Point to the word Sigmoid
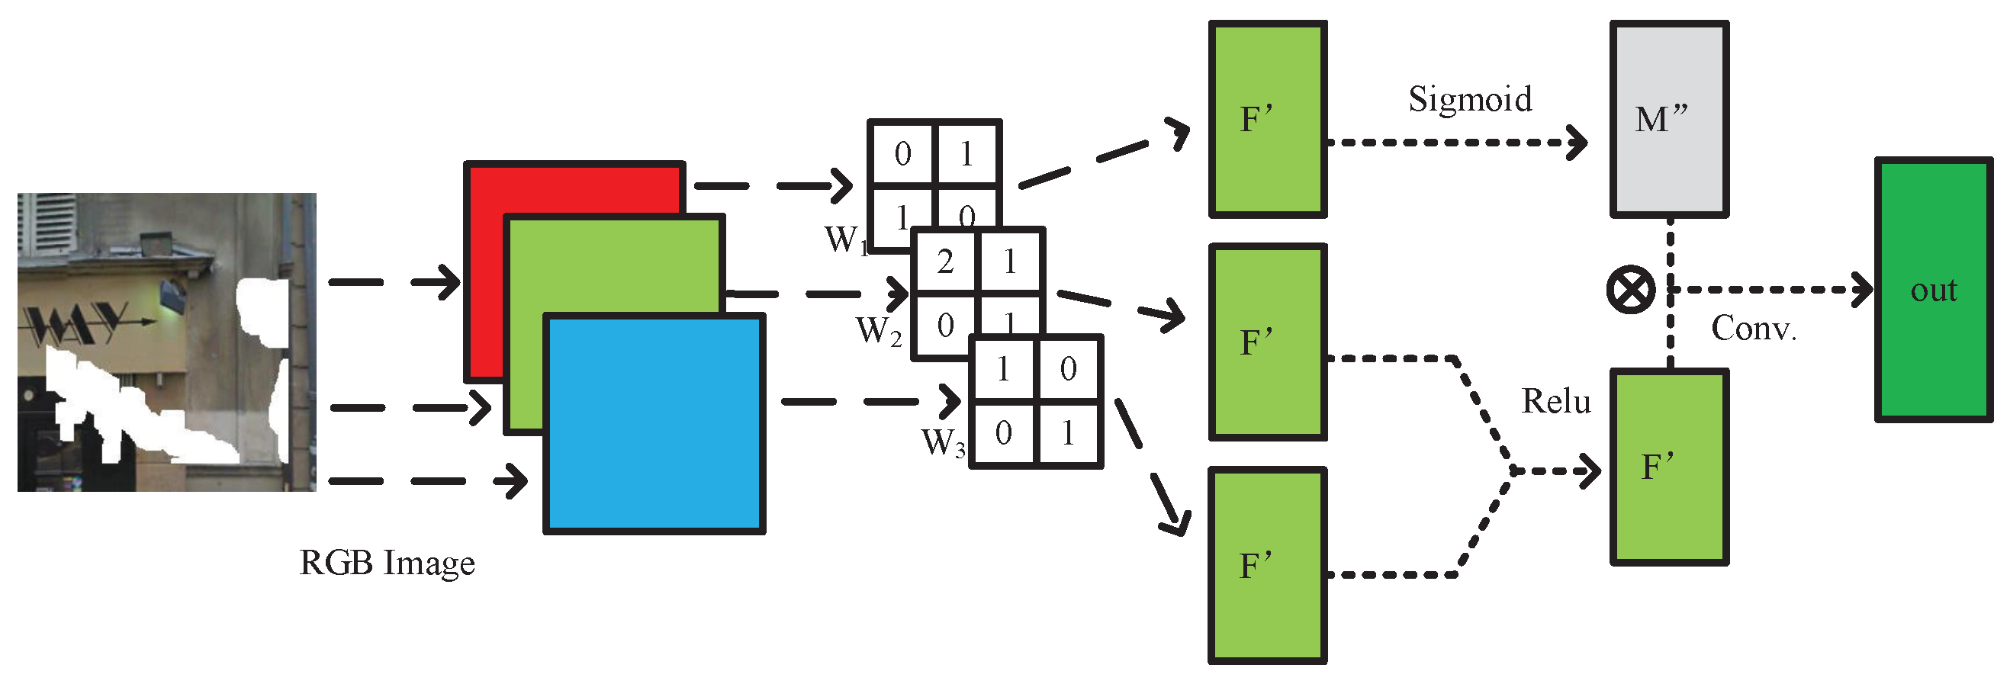(1469, 100)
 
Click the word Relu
(1555, 402)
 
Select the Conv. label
(1752, 329)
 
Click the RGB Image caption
(387, 563)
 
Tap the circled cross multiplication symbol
(1631, 289)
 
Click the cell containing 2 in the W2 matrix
(945, 262)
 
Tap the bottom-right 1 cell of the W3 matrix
(1067, 433)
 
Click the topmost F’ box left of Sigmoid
(1267, 119)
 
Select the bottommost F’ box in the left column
(1267, 566)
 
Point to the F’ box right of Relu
(1669, 467)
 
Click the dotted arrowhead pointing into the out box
(1864, 289)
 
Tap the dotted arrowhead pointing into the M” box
(1578, 143)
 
